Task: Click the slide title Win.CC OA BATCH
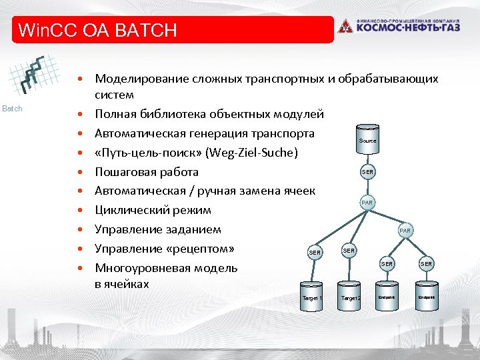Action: [x=98, y=30]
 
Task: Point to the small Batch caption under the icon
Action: [x=13, y=108]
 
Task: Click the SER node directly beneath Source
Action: [x=367, y=172]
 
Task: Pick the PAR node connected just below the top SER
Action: [x=367, y=202]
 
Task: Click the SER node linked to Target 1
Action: [x=315, y=253]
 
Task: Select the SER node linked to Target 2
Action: [x=349, y=250]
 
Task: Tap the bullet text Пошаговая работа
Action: [x=146, y=172]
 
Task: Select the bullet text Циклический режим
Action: [x=153, y=210]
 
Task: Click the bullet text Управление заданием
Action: [x=157, y=229]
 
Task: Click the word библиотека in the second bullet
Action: [x=173, y=114]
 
